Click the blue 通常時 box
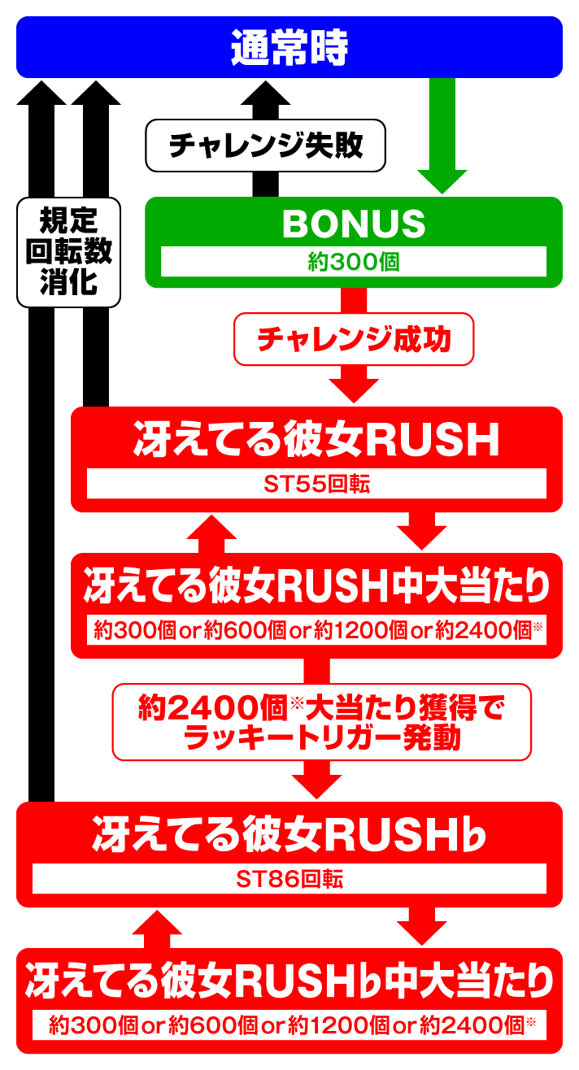pyautogui.click(x=289, y=47)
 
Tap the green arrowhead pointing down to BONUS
pyautogui.click(x=442, y=181)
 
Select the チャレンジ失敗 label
pyautogui.click(x=265, y=146)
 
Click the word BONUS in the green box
pyautogui.click(x=354, y=224)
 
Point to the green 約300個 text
pyautogui.click(x=354, y=262)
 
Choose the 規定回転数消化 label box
pyautogui.click(x=68, y=251)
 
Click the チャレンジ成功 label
pyautogui.click(x=354, y=338)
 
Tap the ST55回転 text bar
pyautogui.click(x=316, y=485)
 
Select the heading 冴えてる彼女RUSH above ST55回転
pyautogui.click(x=316, y=441)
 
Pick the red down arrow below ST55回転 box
pyautogui.click(x=421, y=534)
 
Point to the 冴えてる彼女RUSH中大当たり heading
pyautogui.click(x=316, y=587)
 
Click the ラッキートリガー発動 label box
pyautogui.click(x=321, y=721)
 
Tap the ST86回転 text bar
pyautogui.click(x=289, y=879)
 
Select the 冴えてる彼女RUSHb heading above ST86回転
pyautogui.click(x=289, y=835)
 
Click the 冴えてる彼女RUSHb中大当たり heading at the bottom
pyautogui.click(x=289, y=981)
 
